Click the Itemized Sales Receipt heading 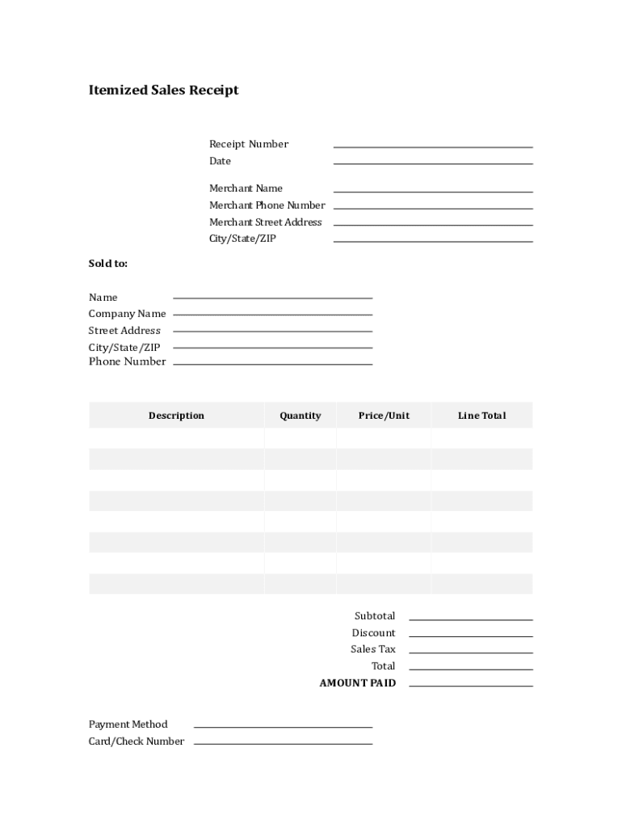[x=163, y=91]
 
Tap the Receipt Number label [x=249, y=144]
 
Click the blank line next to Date [x=433, y=163]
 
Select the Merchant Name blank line [x=433, y=190]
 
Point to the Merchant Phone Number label [x=267, y=205]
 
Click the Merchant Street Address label [x=266, y=222]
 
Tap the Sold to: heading [x=108, y=264]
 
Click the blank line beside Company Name [x=273, y=314]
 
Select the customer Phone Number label [x=127, y=361]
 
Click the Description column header [x=176, y=416]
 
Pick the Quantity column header [x=300, y=416]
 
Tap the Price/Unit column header [x=384, y=416]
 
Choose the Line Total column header [x=481, y=416]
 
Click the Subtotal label [x=375, y=616]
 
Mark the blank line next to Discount [x=471, y=636]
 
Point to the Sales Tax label [x=373, y=649]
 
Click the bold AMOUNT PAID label [x=358, y=683]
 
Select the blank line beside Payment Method [x=283, y=726]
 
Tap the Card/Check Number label [x=137, y=741]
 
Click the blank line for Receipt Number [x=433, y=146]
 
